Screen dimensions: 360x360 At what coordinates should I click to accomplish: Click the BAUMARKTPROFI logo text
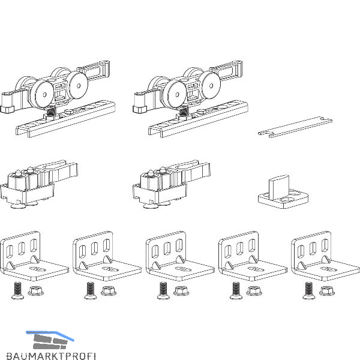(51, 356)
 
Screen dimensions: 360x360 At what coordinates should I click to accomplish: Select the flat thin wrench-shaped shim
(295, 127)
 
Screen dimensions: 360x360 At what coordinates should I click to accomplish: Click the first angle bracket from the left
(34, 256)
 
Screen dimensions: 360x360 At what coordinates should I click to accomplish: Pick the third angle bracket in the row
(180, 256)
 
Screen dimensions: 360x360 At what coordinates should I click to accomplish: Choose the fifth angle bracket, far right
(326, 256)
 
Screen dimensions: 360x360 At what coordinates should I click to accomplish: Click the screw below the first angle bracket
(17, 290)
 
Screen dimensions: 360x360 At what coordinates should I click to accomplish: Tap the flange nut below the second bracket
(109, 290)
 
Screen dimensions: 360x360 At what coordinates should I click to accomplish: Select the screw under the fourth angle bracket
(236, 290)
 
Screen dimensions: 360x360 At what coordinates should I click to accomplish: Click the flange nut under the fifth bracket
(327, 290)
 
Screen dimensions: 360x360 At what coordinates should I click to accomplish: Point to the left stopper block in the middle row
(38, 184)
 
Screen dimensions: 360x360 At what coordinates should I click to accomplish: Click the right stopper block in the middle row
(171, 184)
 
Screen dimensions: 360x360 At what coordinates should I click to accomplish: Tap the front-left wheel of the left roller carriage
(42, 94)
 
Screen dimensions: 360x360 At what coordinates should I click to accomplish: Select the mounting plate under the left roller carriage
(65, 119)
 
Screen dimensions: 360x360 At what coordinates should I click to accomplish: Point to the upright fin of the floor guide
(280, 187)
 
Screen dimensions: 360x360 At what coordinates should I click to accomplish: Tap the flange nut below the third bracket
(181, 290)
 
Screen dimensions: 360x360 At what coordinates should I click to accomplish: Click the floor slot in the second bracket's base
(110, 269)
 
